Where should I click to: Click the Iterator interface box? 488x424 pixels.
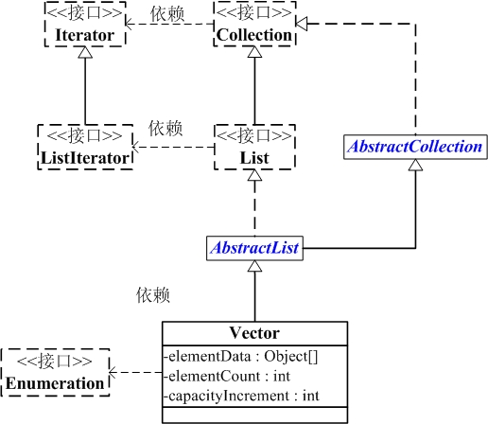[x=85, y=26]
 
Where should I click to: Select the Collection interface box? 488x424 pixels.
[x=253, y=26]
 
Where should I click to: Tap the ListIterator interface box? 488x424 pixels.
[x=85, y=147]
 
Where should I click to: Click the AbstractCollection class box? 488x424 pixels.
[x=415, y=147]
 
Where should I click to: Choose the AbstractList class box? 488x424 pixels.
[x=253, y=248]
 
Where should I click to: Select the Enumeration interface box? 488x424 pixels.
[x=54, y=373]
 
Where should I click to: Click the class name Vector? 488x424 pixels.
[x=253, y=333]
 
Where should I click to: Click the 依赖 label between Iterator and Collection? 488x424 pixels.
[x=167, y=16]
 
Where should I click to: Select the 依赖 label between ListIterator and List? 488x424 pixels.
[x=166, y=128]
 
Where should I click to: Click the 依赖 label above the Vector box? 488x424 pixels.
[x=152, y=295]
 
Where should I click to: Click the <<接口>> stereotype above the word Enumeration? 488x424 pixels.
[x=54, y=362]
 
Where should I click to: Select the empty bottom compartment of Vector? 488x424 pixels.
[x=253, y=413]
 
